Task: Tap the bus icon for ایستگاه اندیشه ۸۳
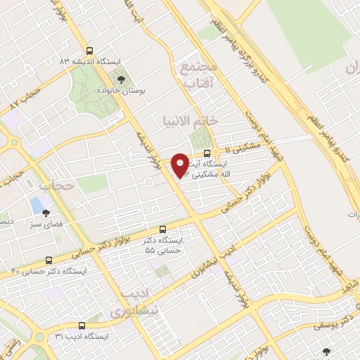point(89,51)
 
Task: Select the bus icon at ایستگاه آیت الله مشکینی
point(206,153)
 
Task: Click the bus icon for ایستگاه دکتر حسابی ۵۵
point(163,229)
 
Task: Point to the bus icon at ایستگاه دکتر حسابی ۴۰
point(49,259)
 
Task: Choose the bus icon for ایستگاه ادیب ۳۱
point(82,326)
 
